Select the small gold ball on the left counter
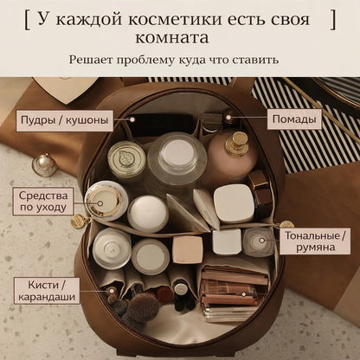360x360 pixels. (43, 163)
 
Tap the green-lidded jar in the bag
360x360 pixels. (126, 158)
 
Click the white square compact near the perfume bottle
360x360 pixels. (234, 203)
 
